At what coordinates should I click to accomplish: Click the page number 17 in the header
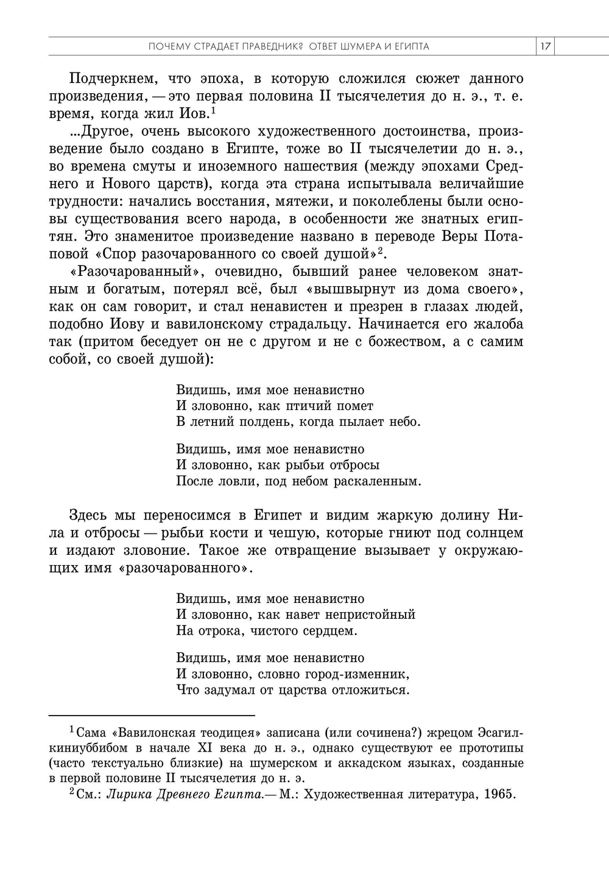pos(546,47)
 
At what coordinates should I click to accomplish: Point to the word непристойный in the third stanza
pos(372,615)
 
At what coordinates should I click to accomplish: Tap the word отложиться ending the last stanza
pos(371,690)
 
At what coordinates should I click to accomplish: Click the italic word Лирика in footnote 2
pos(124,795)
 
